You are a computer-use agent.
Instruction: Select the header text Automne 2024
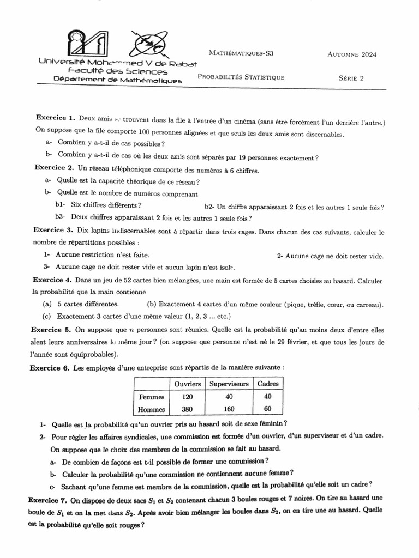click(352, 54)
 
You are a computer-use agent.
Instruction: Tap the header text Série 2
click(351, 78)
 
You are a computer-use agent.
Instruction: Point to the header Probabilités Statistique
click(241, 77)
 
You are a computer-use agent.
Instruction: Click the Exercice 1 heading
click(55, 118)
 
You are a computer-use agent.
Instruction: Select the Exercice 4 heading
click(53, 280)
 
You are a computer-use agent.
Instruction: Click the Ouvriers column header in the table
click(187, 384)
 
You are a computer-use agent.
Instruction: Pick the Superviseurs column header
click(229, 384)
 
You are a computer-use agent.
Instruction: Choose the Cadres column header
click(267, 384)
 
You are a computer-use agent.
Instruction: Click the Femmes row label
click(152, 397)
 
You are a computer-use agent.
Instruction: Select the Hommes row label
click(152, 410)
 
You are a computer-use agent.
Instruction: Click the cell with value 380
click(187, 410)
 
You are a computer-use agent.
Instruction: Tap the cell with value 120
click(187, 397)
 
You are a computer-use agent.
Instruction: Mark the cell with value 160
click(229, 410)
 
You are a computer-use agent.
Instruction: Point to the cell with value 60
click(267, 410)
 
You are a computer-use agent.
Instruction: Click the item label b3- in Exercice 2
click(59, 218)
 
